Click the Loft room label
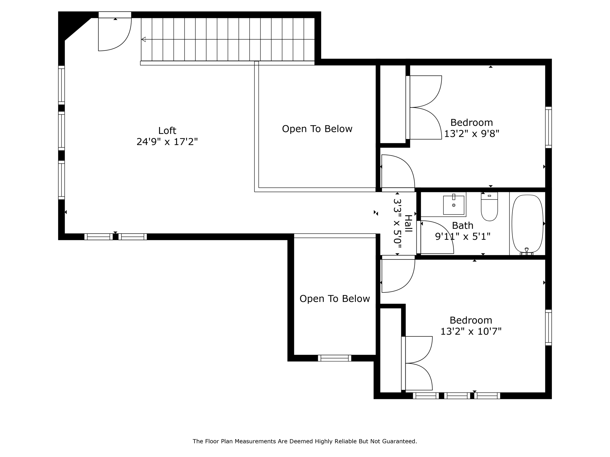tap(167, 131)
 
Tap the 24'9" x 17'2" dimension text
tap(167, 142)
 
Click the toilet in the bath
tap(489, 207)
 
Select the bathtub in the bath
tap(527, 224)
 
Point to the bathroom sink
tap(453, 205)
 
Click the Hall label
tap(408, 223)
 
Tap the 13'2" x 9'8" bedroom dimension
tap(471, 134)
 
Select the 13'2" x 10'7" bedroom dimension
tap(471, 331)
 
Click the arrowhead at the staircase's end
tap(144, 39)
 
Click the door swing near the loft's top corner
tap(115, 34)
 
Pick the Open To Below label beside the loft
tap(317, 129)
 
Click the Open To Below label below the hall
tap(334, 299)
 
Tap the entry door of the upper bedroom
tap(398, 172)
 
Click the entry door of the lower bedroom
tap(398, 275)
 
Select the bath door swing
tap(436, 237)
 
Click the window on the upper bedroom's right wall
tap(548, 127)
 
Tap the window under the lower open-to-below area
tap(334, 358)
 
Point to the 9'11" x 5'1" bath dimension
tap(463, 237)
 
